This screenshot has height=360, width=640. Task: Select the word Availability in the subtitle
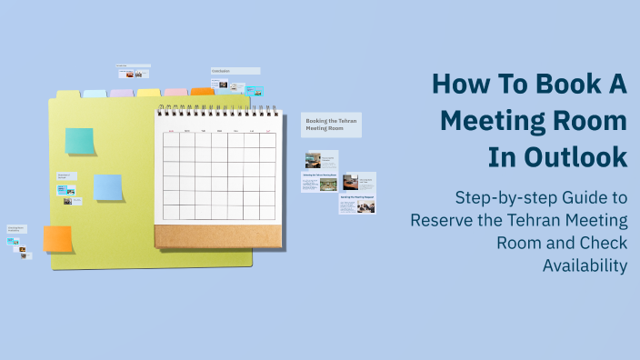pos(585,265)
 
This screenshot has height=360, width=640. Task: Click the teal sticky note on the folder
pos(79,141)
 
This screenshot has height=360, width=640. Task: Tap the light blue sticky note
pos(108,187)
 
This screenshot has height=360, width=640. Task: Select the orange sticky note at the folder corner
pos(57,239)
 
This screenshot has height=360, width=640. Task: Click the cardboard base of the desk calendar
pos(216,235)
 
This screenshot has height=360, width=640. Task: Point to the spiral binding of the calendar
pos(216,111)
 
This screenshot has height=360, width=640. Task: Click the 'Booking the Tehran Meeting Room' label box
pos(331,125)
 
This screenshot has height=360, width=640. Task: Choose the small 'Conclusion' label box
pos(235,71)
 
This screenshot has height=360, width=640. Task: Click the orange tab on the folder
pos(202,92)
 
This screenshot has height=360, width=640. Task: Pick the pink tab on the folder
pos(175,93)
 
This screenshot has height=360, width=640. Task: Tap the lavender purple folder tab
pos(121,93)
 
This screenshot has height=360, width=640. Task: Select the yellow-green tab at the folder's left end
pos(68,94)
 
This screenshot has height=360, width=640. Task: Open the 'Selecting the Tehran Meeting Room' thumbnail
pos(319,181)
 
